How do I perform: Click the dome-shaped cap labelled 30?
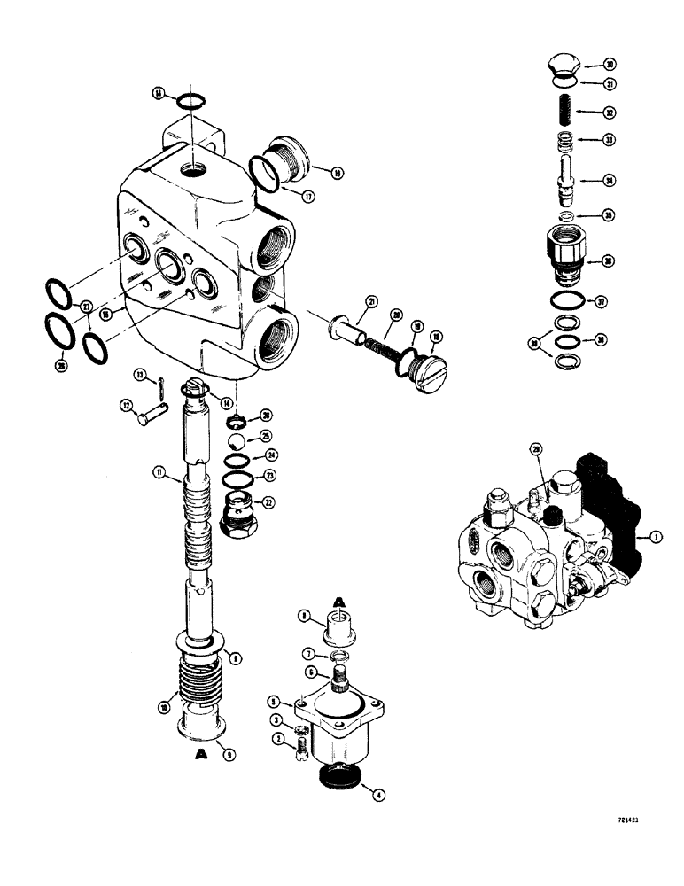(562, 66)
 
